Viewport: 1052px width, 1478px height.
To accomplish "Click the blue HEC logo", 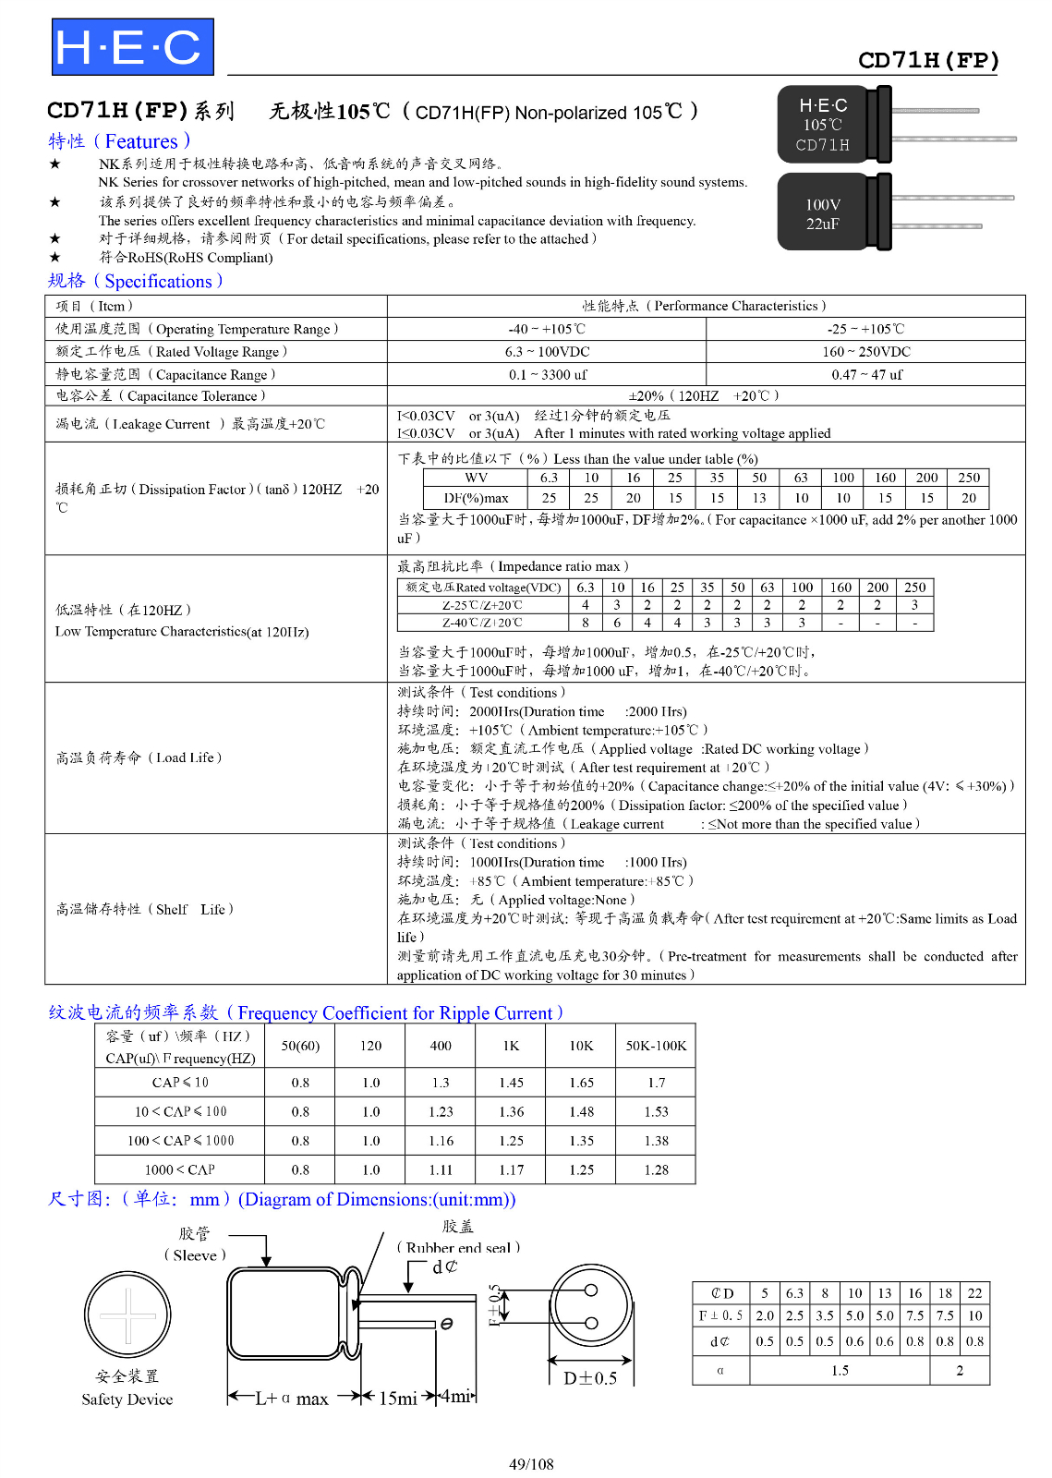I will pos(132,47).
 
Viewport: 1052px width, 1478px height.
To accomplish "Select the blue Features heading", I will pos(119,141).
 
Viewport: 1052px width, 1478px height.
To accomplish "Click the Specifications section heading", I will pos(135,281).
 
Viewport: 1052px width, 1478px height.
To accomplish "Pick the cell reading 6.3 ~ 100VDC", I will pos(547,352).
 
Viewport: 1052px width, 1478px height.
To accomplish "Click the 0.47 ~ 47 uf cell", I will pos(865,374).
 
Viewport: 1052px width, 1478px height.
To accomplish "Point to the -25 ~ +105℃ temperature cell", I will pos(865,329).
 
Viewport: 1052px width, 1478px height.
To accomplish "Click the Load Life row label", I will pos(139,757).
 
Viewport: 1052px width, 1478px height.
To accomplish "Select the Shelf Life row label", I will pos(144,909).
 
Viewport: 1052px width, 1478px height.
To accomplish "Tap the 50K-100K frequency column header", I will pos(656,1046).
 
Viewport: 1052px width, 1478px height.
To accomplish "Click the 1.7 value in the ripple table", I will pos(656,1083).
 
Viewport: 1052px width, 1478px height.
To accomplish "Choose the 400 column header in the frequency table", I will pos(441,1046).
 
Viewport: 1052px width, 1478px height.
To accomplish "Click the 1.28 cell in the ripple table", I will pos(656,1169).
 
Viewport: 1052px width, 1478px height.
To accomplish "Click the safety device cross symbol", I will pos(127,1315).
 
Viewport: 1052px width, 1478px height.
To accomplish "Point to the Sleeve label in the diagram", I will pos(195,1255).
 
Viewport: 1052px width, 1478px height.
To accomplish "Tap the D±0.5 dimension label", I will pos(590,1378).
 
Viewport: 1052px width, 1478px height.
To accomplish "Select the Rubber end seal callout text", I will pos(458,1248).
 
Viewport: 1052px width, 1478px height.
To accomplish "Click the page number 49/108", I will pos(531,1464).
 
